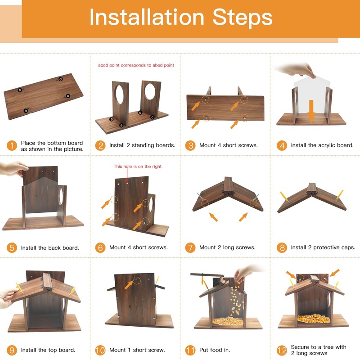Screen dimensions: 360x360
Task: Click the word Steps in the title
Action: [x=243, y=18]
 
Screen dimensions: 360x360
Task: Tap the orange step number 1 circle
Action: [x=12, y=146]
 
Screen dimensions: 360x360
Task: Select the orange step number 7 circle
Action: [x=190, y=248]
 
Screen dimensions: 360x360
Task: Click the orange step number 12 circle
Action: [x=282, y=351]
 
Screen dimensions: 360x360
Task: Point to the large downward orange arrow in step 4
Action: [x=311, y=111]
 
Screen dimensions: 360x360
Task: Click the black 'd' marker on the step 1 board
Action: [x=60, y=79]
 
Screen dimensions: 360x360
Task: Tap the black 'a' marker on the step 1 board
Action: [x=26, y=111]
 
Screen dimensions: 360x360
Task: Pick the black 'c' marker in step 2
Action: [x=152, y=117]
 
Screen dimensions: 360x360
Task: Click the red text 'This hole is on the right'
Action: [x=138, y=166]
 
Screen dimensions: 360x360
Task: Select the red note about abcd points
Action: [x=136, y=65]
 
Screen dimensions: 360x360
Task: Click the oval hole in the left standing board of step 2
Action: [x=120, y=94]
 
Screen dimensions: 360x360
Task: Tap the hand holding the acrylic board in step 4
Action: [x=296, y=70]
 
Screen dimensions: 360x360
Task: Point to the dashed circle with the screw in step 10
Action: [x=137, y=280]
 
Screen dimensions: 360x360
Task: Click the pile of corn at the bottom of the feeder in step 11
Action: [x=228, y=321]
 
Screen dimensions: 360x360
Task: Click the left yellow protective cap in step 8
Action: [x=284, y=197]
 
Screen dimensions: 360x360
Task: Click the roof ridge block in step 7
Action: [x=229, y=185]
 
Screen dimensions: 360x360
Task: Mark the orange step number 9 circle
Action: [x=12, y=350]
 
